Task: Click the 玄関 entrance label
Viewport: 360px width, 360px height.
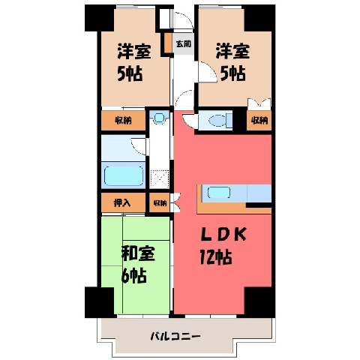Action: point(184,44)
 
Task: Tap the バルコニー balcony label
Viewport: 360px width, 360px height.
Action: point(175,336)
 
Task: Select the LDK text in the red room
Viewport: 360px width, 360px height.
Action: point(224,234)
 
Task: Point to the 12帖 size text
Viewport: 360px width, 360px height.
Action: point(216,257)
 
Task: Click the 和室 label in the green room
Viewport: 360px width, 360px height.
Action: point(138,253)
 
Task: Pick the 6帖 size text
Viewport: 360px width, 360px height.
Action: point(134,275)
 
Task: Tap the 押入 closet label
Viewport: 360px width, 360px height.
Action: point(122,202)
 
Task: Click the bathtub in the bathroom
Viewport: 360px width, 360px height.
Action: point(124,176)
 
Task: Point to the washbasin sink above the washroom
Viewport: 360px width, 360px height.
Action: point(159,117)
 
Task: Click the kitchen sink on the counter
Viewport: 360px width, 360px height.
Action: point(219,193)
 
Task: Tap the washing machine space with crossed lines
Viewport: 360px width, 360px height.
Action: point(159,178)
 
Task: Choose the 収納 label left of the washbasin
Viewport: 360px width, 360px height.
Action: point(123,121)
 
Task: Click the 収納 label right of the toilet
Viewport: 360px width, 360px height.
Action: point(259,121)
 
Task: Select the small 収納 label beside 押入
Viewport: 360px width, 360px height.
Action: point(160,203)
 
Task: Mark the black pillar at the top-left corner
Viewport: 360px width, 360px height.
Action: point(100,18)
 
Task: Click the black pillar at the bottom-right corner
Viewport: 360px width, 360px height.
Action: point(260,302)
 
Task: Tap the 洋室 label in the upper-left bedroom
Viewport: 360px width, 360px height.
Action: point(134,52)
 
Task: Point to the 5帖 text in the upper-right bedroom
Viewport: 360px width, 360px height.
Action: point(232,73)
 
